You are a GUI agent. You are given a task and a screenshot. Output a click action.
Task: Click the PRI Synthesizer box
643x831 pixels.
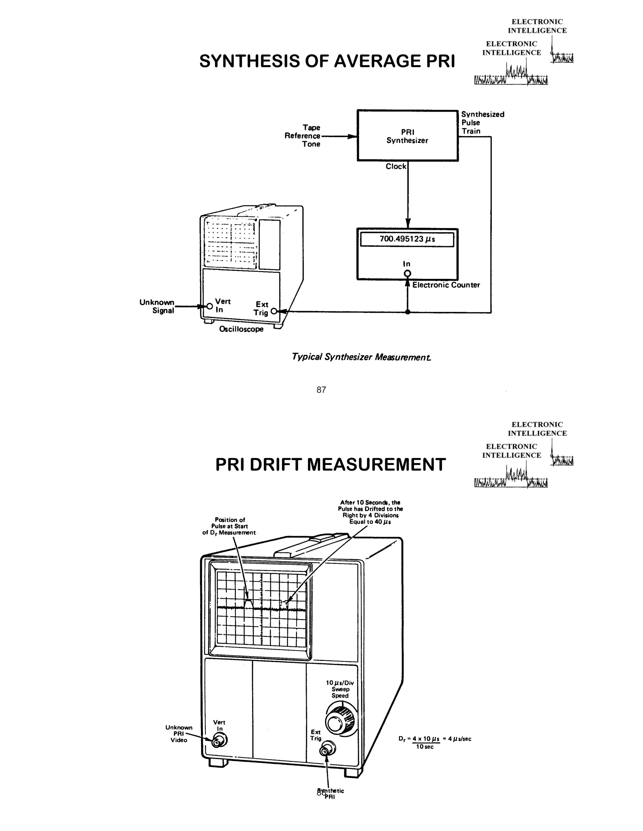(407, 136)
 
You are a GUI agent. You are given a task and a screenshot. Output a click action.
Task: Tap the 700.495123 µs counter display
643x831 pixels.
(407, 240)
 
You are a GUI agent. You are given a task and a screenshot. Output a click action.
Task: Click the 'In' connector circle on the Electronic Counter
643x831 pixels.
(408, 273)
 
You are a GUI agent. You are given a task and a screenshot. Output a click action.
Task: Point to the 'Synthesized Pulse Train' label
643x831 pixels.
(482, 123)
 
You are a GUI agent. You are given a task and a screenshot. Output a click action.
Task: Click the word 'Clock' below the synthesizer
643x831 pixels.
(396, 166)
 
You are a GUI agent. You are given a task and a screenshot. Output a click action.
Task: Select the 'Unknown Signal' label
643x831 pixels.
(157, 306)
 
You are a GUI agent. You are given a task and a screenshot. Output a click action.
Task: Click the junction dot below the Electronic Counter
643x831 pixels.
(408, 312)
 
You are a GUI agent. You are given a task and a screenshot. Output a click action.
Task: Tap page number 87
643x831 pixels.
(321, 389)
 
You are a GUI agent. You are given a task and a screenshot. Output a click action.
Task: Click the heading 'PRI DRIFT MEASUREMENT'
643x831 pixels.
(330, 465)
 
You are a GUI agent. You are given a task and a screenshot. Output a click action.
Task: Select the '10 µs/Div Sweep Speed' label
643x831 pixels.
(340, 689)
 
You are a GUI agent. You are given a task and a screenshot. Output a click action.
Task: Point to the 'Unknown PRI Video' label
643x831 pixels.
(179, 733)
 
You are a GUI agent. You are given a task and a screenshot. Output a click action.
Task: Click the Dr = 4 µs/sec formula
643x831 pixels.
(435, 742)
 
